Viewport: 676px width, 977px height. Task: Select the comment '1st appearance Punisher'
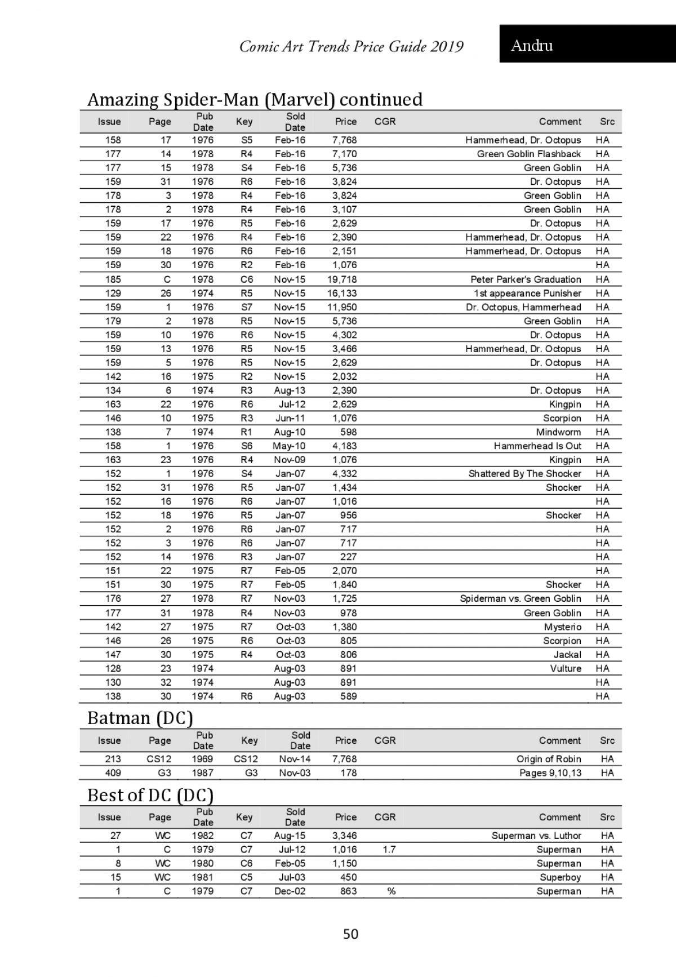pos(527,294)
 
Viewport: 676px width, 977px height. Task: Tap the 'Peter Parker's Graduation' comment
pos(526,279)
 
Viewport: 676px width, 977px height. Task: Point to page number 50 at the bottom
pos(350,934)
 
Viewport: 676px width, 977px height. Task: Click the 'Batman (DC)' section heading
pos(140,718)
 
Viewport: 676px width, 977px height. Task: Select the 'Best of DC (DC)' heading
pos(150,795)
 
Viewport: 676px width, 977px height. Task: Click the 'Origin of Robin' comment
pos(549,759)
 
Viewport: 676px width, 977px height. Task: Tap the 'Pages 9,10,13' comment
pos(550,773)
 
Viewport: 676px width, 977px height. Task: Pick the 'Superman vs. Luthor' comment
pos(536,836)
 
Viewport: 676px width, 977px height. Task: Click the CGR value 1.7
pos(389,850)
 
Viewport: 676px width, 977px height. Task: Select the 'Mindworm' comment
pos(558,432)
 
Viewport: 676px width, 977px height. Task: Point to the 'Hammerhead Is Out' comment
pos(537,446)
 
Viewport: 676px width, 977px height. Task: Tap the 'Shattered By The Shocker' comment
pos(524,474)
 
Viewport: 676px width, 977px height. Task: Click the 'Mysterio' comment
pos(562,627)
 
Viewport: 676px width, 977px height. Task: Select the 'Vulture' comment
pos(566,669)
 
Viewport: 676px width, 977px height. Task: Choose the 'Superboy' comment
pos(560,877)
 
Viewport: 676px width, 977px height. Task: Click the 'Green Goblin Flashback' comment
pos(528,154)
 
